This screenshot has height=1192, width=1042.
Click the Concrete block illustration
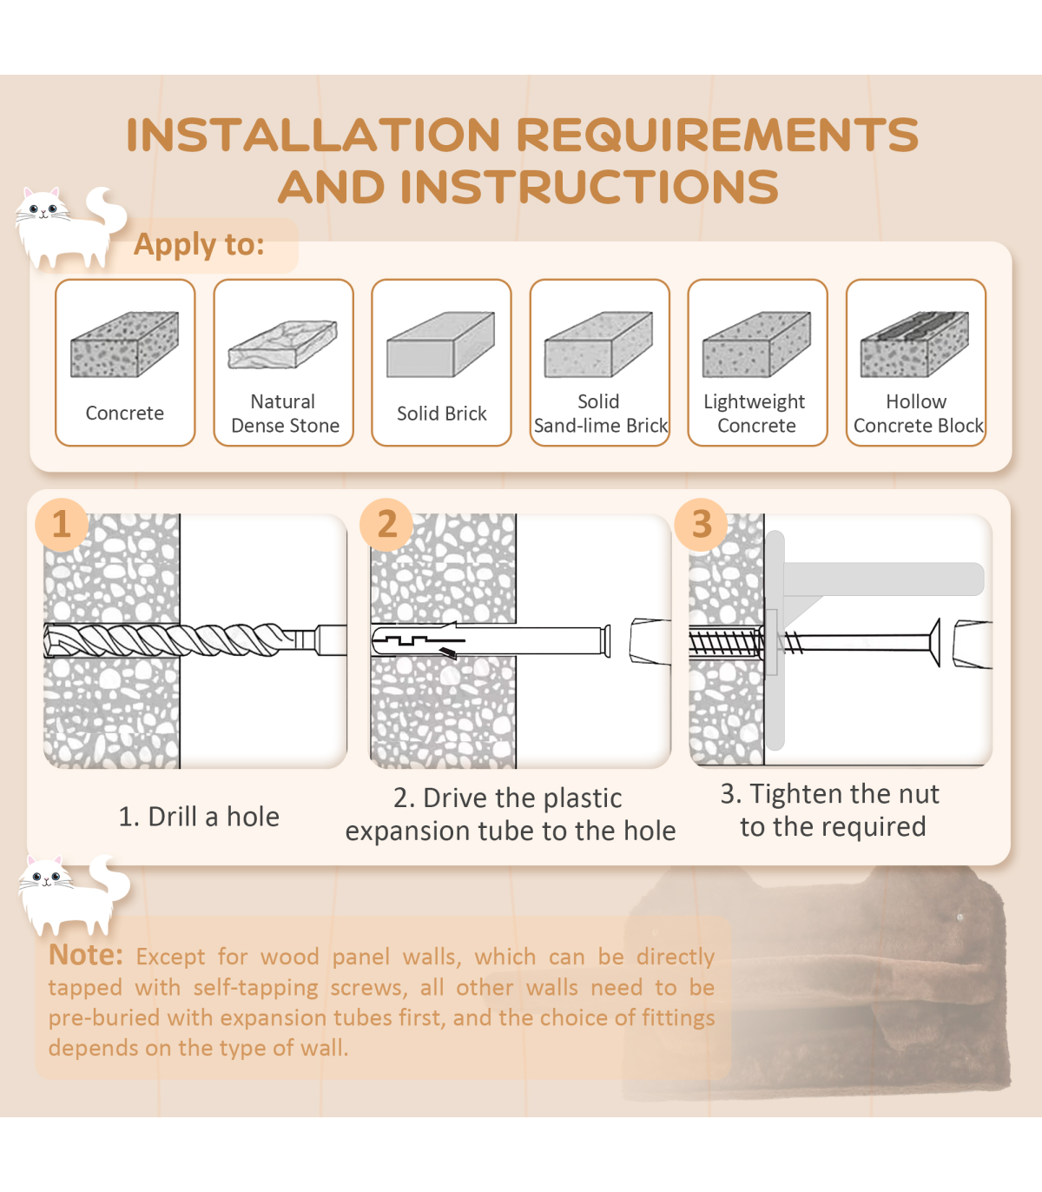124,344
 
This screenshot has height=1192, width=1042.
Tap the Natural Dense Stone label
285,414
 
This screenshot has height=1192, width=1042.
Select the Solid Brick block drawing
440,344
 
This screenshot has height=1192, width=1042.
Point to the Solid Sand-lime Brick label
600,414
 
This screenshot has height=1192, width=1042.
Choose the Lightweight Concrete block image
757,344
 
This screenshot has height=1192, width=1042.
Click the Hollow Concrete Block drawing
914,344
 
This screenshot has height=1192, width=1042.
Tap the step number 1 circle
62,525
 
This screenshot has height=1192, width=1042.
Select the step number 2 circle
386,525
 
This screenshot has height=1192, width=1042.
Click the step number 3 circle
702,525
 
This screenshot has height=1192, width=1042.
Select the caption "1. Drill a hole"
199,817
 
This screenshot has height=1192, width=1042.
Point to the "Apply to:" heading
199,244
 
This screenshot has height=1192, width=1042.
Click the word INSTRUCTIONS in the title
589,187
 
